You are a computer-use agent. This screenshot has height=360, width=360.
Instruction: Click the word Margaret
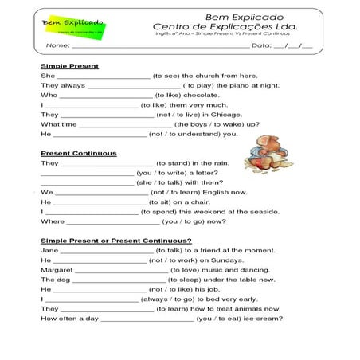[57, 269]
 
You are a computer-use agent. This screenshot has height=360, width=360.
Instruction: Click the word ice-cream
[264, 319]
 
